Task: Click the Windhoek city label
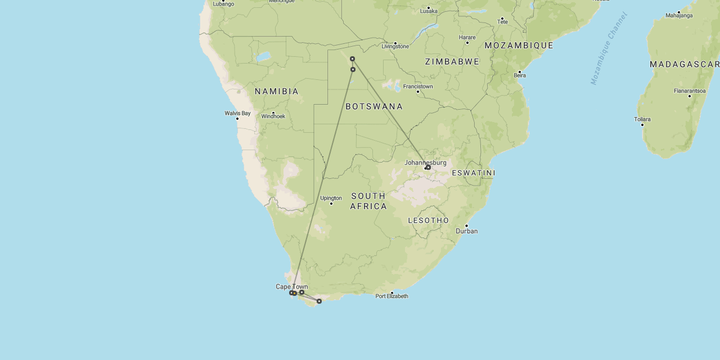273,116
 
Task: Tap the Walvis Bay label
237,113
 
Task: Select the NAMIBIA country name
277,91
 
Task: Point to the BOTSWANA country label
374,106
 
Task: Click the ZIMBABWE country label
452,61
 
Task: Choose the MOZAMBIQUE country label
519,45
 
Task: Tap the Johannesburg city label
425,163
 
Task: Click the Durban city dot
466,226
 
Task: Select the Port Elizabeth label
392,296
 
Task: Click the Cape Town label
291,286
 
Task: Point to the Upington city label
331,198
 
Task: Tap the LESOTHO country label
429,220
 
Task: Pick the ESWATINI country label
473,173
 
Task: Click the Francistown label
418,87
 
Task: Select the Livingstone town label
395,46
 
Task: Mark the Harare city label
467,38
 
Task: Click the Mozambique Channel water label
609,48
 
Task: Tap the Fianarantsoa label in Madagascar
690,91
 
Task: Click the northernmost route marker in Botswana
352,58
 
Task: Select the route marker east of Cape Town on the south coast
319,301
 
